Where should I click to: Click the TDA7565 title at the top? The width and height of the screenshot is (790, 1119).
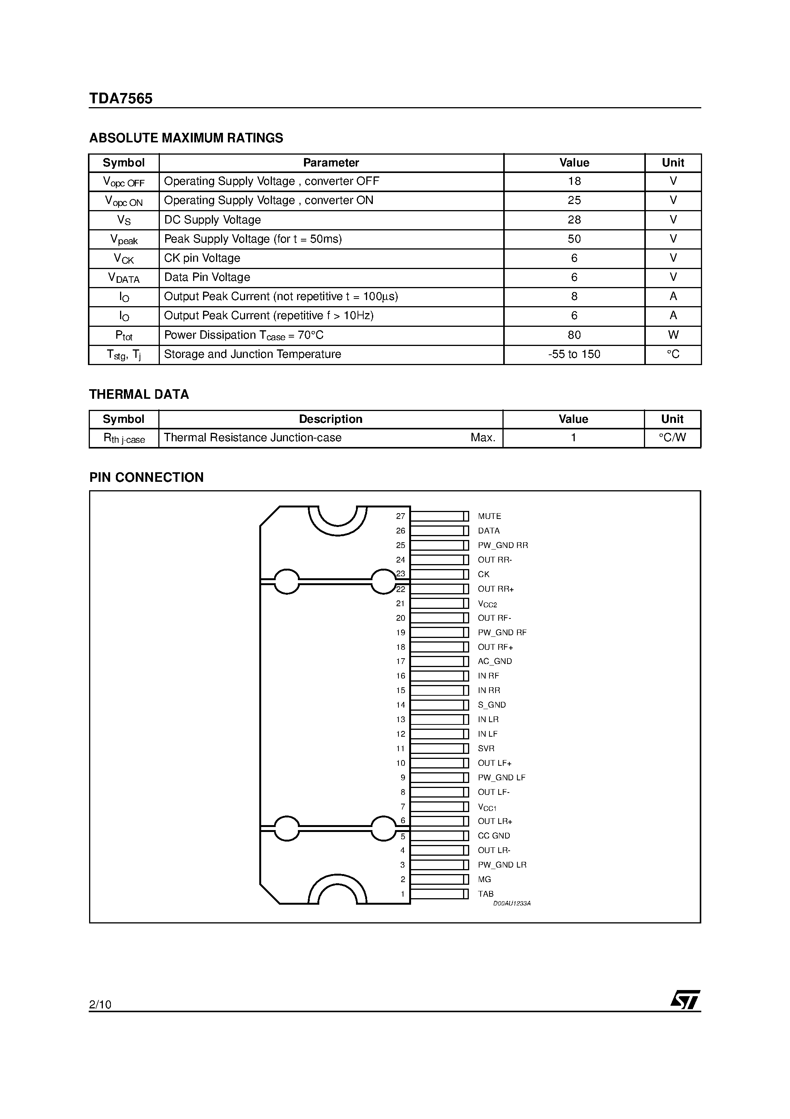(x=120, y=99)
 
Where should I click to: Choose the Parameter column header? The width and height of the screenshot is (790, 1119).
(x=331, y=163)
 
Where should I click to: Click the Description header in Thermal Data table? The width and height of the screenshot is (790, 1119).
(x=330, y=419)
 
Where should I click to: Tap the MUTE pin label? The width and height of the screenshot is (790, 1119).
(x=489, y=516)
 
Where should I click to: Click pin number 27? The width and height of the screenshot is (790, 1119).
(x=400, y=516)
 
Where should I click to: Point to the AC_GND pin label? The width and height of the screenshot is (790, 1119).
(x=494, y=661)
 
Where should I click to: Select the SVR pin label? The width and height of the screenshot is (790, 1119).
(x=486, y=749)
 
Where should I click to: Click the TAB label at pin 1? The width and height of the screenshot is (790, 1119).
(x=485, y=894)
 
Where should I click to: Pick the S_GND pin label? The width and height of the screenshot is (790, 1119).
(x=491, y=705)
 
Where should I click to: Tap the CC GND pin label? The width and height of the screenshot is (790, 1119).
(x=493, y=836)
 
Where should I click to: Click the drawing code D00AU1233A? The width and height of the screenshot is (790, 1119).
(x=511, y=904)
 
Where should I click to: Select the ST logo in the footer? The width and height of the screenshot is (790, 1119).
(x=685, y=1000)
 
